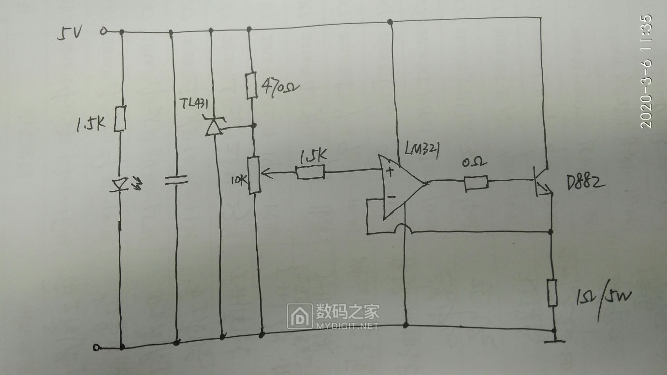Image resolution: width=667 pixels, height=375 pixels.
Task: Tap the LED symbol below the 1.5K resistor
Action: point(121,185)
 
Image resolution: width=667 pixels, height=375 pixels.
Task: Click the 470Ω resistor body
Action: point(250,86)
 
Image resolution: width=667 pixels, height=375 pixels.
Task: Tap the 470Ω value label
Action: point(280,88)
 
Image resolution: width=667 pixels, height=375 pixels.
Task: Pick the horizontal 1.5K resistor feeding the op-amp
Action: point(310,173)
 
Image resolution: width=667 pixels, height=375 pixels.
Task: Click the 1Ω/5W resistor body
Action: point(552,292)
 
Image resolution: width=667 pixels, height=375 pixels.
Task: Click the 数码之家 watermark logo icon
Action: point(300,316)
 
